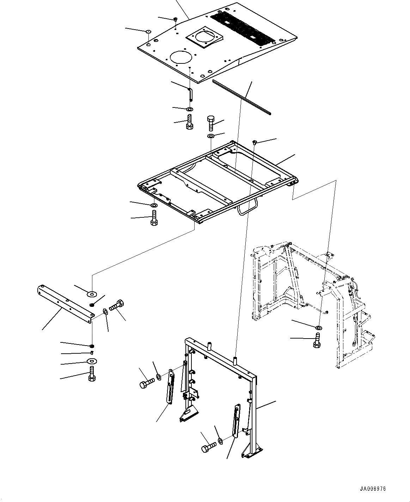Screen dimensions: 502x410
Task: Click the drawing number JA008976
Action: (x=373, y=489)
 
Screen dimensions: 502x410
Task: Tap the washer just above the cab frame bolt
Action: (x=318, y=328)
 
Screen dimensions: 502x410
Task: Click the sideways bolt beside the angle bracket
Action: (x=117, y=305)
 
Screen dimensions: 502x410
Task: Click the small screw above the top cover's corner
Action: (x=175, y=19)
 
